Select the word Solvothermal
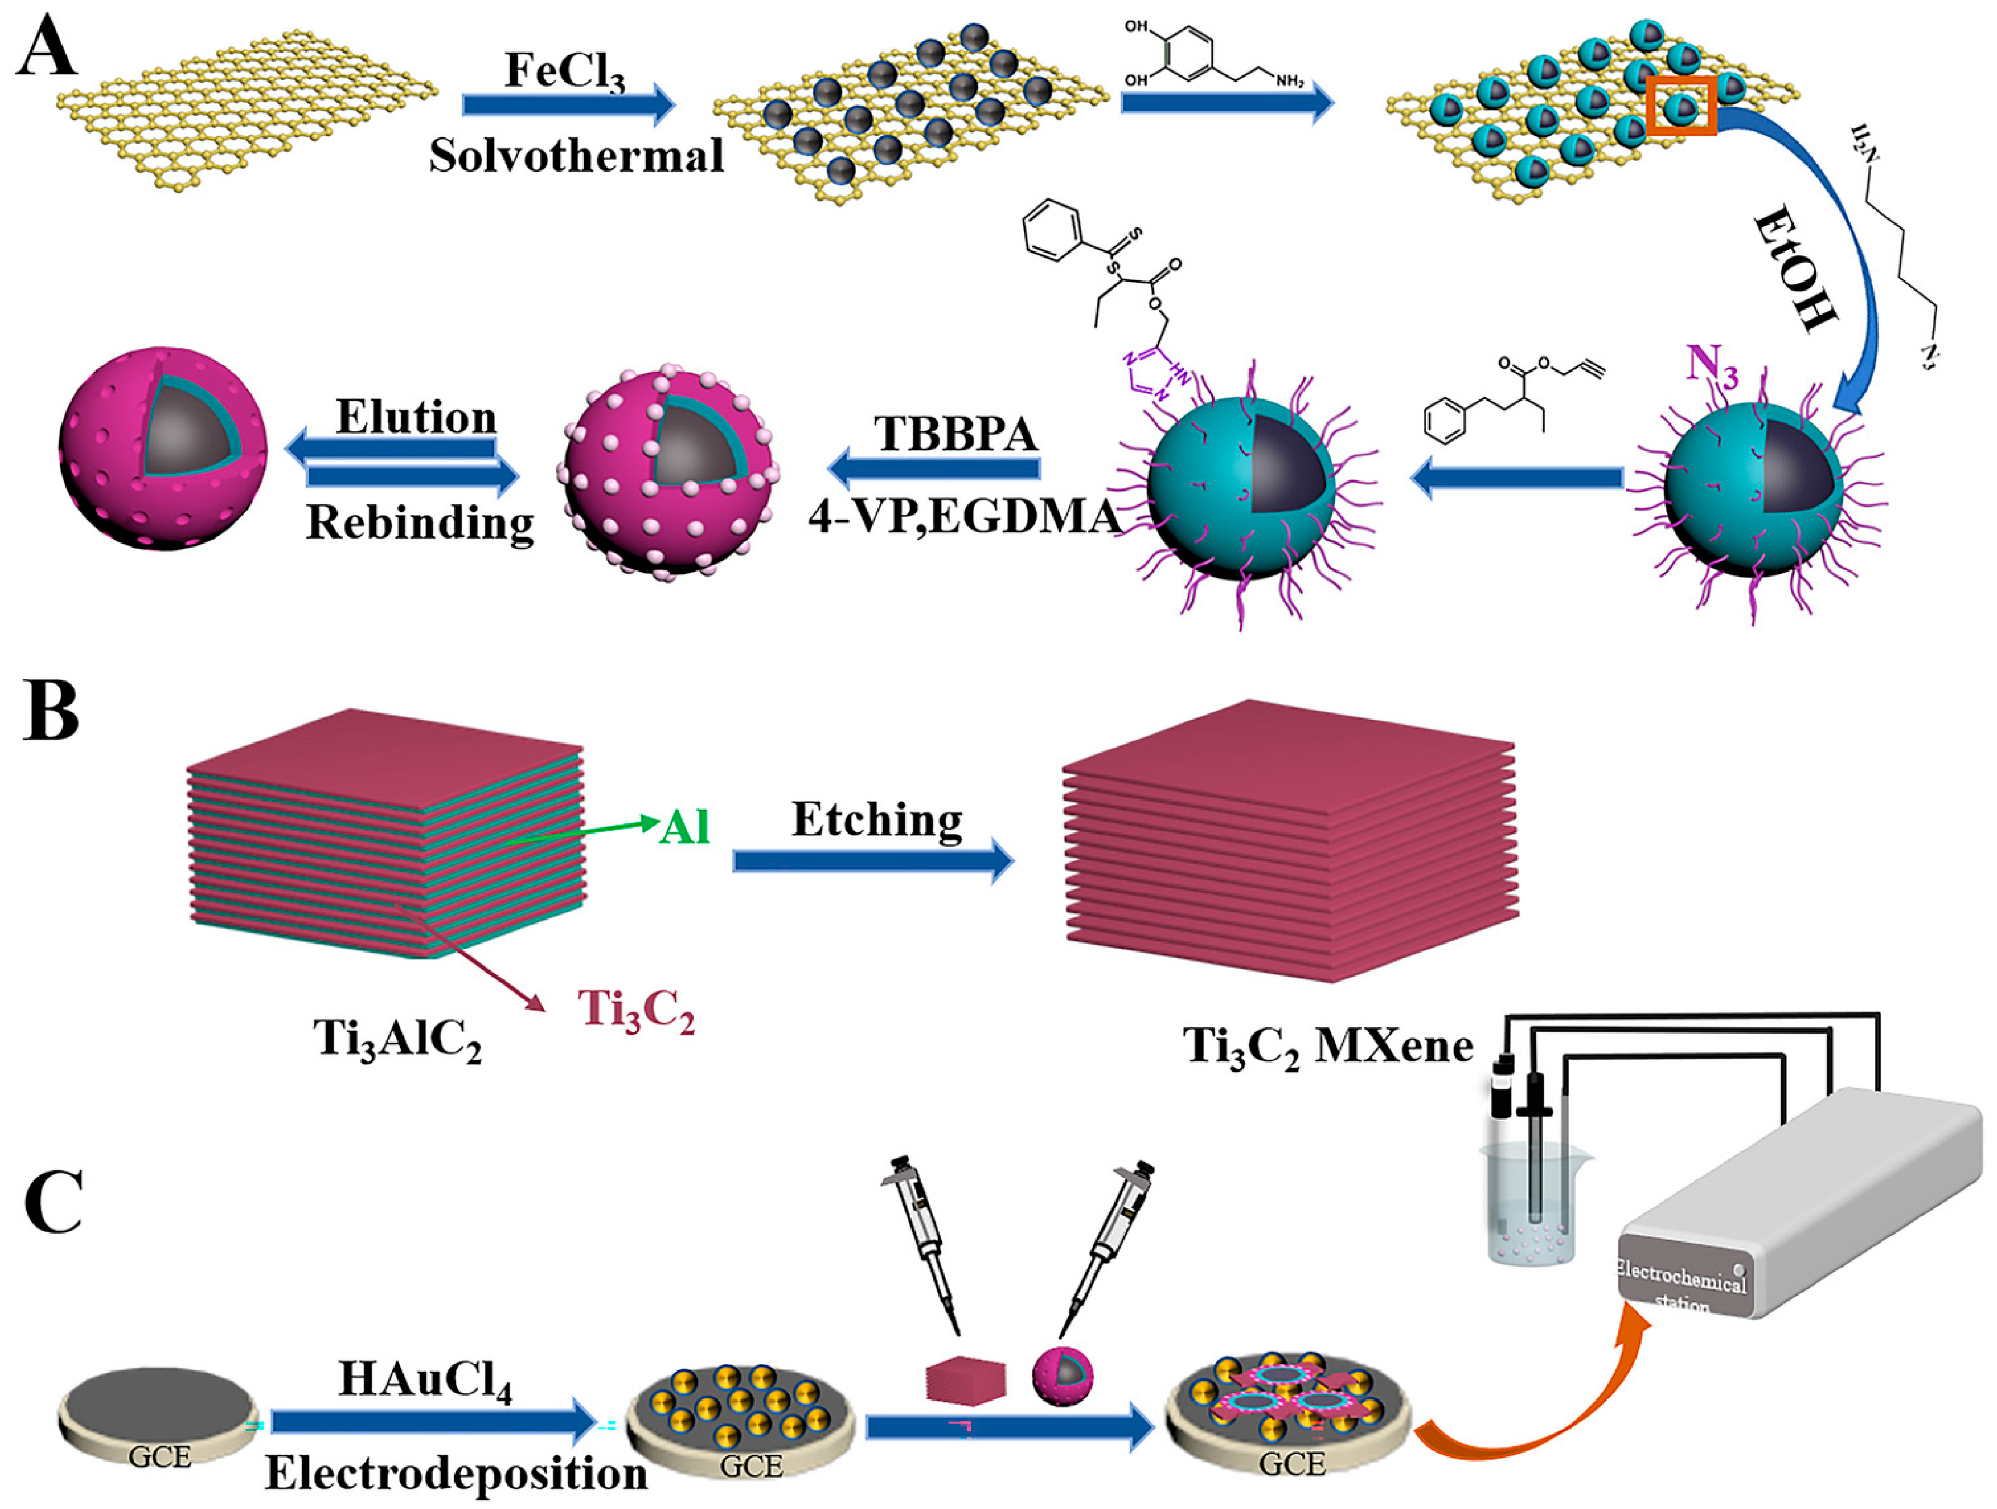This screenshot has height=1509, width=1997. coord(576,156)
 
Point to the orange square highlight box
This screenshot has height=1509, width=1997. coord(1681,107)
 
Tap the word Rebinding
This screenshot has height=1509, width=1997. coord(420,522)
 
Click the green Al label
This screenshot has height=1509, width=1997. coord(684,827)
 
